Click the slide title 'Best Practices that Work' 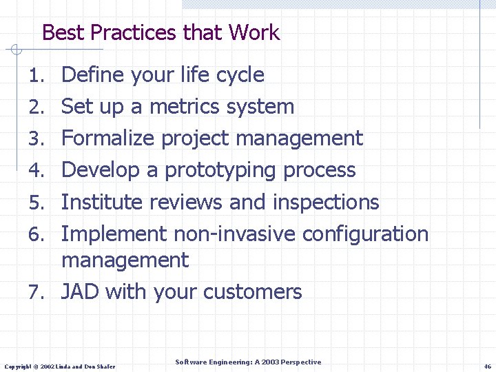161,32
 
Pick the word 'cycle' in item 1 240,74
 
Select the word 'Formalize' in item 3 108,138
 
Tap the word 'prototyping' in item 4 221,170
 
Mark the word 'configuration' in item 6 365,234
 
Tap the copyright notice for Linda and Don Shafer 60,366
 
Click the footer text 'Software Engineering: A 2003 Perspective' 248,362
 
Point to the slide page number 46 487,366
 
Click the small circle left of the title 17,50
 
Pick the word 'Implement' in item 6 114,234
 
